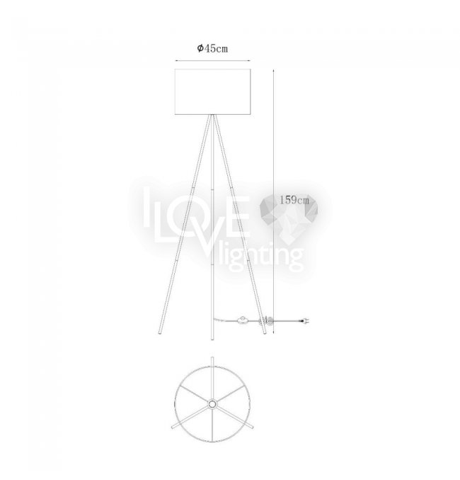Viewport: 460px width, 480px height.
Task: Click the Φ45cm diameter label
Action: pyautogui.click(x=212, y=48)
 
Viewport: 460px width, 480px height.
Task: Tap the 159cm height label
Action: pyautogui.click(x=294, y=200)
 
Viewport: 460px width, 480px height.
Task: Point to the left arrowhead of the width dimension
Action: pyautogui.click(x=176, y=60)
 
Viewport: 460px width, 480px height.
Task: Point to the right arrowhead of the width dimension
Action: pyautogui.click(x=249, y=60)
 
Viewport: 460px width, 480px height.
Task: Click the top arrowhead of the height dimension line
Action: pyautogui.click(x=273, y=71)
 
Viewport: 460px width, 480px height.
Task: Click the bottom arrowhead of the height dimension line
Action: pyautogui.click(x=273, y=331)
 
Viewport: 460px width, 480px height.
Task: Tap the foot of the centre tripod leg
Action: pyautogui.click(x=212, y=337)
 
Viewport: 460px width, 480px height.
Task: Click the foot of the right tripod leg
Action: pyautogui.click(x=265, y=332)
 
